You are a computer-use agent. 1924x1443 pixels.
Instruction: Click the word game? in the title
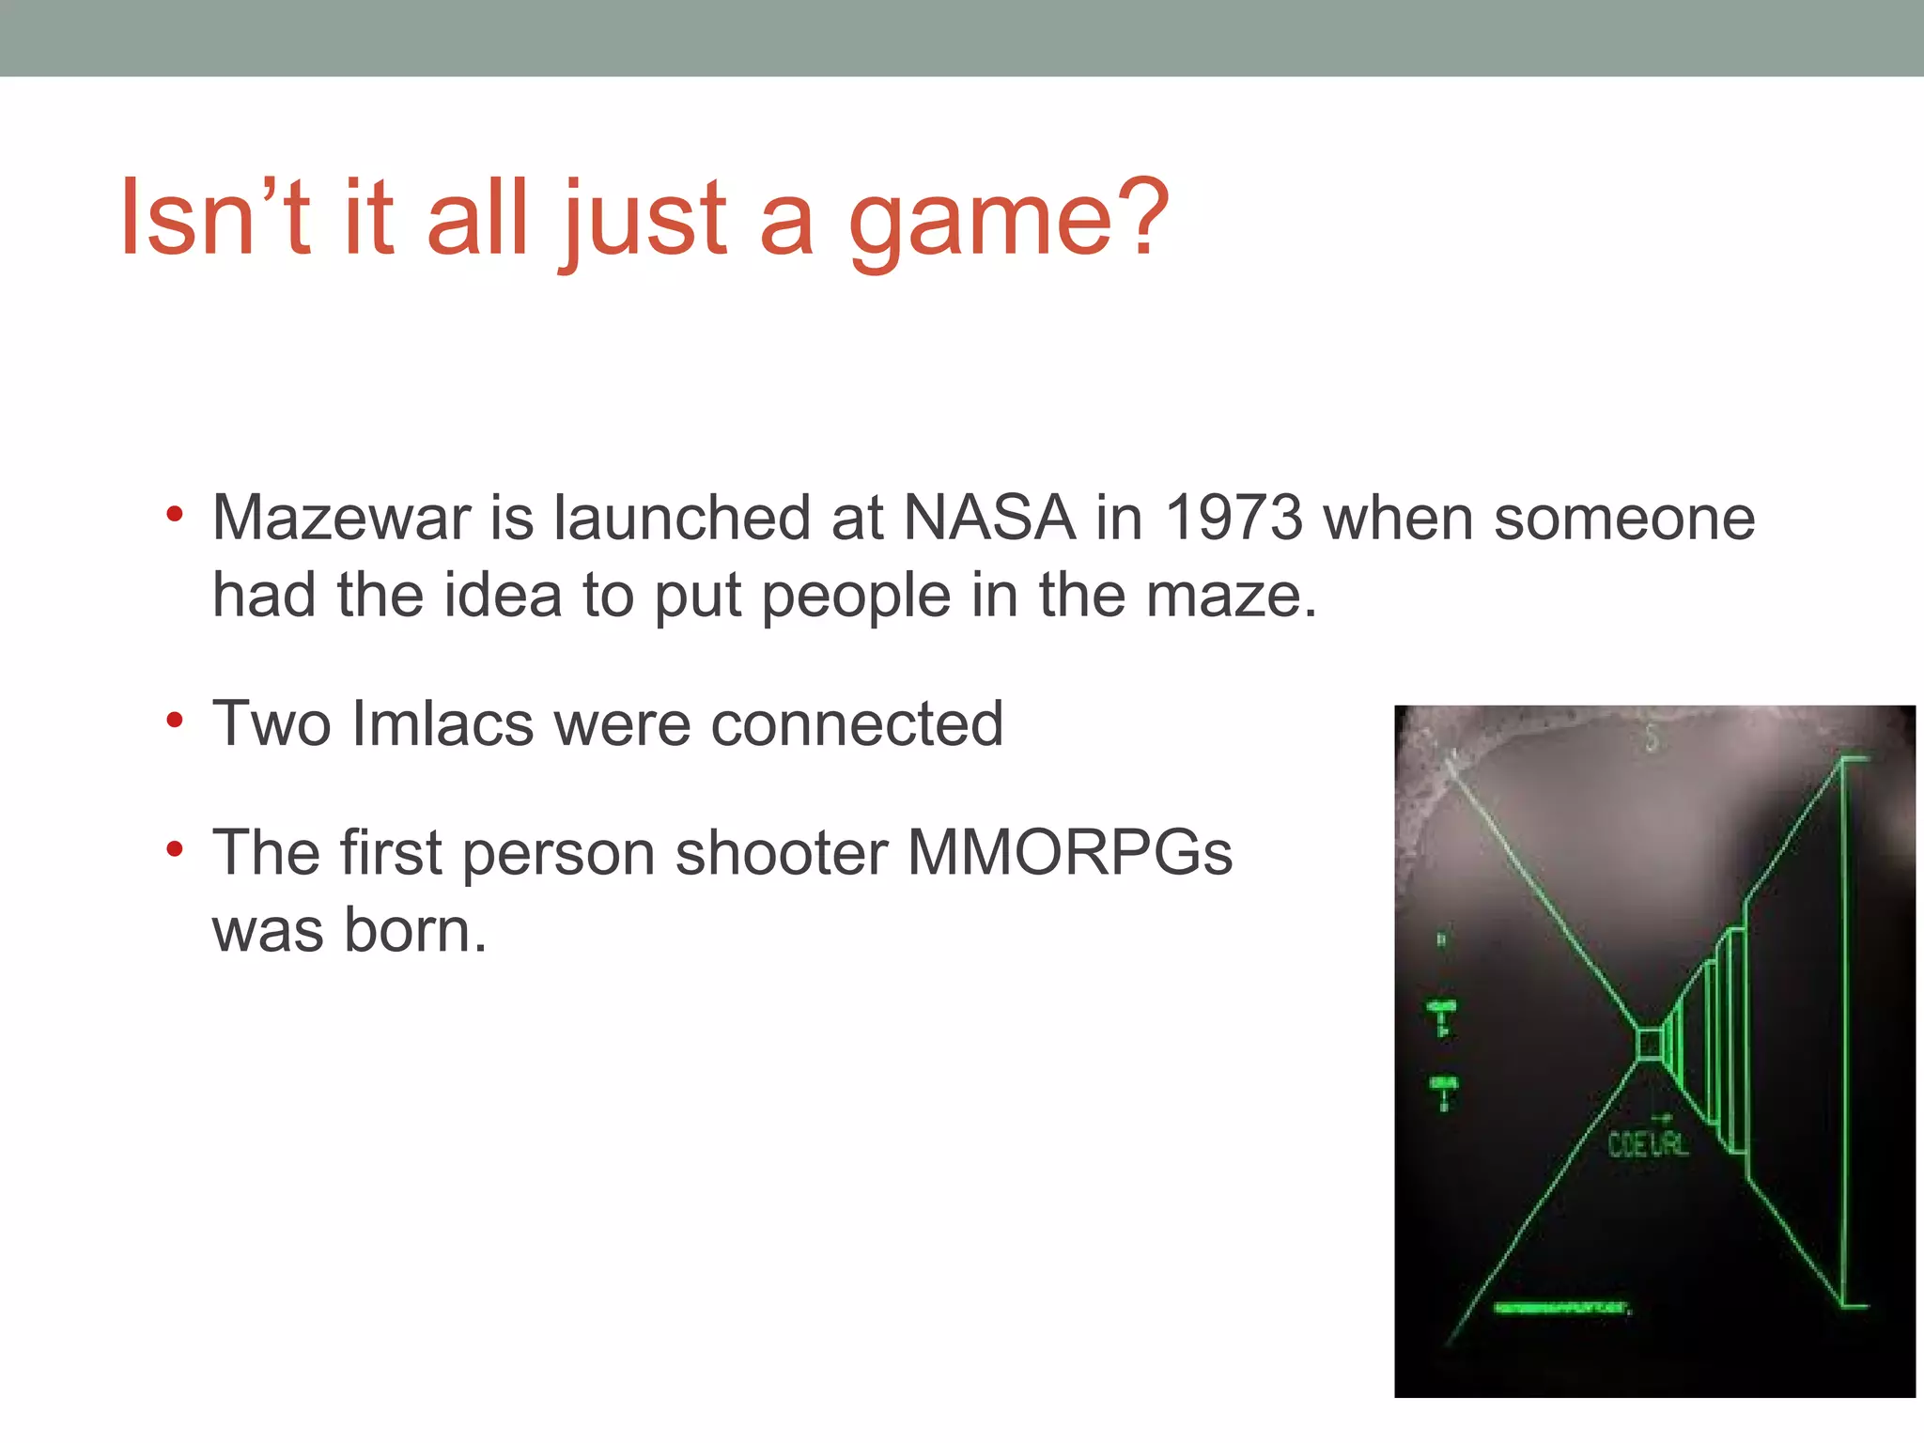click(x=1009, y=221)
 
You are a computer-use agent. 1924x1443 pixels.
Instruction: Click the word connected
click(x=857, y=724)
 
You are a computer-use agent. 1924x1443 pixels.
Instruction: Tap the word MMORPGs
click(x=1069, y=853)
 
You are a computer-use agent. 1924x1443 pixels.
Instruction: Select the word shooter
click(x=782, y=853)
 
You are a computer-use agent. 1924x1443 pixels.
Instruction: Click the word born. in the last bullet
click(x=415, y=931)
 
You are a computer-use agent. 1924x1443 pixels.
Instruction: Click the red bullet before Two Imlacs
click(x=174, y=721)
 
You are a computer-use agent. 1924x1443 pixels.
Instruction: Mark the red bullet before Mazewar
click(x=174, y=515)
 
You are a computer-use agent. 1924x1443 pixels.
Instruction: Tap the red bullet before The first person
click(x=174, y=850)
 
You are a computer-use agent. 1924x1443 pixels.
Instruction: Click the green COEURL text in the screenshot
click(x=1648, y=1144)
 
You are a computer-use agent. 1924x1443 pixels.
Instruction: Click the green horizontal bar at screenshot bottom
click(x=1561, y=1308)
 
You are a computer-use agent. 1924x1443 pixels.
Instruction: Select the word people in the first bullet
click(x=856, y=596)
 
